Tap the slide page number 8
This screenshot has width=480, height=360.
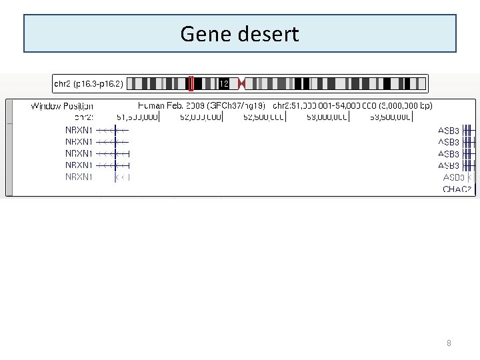point(449,343)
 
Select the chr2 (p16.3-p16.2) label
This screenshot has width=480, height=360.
point(88,84)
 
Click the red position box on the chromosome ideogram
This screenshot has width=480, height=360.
point(191,84)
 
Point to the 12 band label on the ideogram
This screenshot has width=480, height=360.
point(224,84)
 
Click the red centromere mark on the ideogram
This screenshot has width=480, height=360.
point(241,84)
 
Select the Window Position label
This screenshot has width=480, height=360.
point(62,106)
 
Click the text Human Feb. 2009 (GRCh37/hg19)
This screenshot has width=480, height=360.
point(201,106)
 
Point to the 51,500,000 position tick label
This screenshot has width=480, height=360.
point(137,117)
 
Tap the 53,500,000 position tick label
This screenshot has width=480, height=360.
point(391,117)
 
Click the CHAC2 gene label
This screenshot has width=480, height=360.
point(457,189)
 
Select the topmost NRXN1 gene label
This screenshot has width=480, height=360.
point(79,131)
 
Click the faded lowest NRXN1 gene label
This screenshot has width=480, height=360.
point(79,177)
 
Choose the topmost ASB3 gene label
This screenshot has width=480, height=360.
point(449,131)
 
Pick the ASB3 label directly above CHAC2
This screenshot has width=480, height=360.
point(453,178)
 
